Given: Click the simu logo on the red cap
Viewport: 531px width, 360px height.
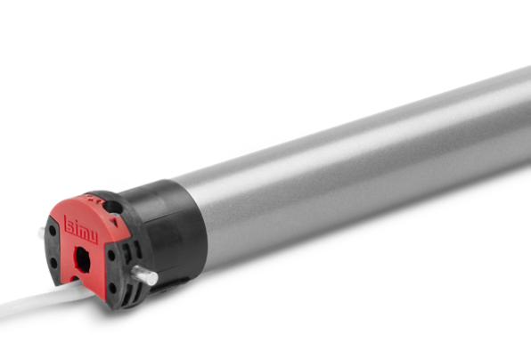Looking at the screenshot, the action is click(x=81, y=230).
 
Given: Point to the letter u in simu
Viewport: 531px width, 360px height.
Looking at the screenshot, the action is click(x=93, y=237).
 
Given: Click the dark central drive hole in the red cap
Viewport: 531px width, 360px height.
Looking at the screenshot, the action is click(x=82, y=259).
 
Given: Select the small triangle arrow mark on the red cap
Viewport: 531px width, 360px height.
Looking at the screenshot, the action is click(x=114, y=222).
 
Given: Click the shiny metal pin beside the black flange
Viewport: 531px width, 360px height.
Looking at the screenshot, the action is click(x=144, y=275).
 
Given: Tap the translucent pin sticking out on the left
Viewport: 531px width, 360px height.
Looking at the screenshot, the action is click(x=41, y=233).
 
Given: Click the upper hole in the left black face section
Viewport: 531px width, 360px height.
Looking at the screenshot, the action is click(x=53, y=231).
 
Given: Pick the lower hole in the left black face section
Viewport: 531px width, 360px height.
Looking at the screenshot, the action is click(x=53, y=263).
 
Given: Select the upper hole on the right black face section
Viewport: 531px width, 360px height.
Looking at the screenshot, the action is click(x=111, y=255).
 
